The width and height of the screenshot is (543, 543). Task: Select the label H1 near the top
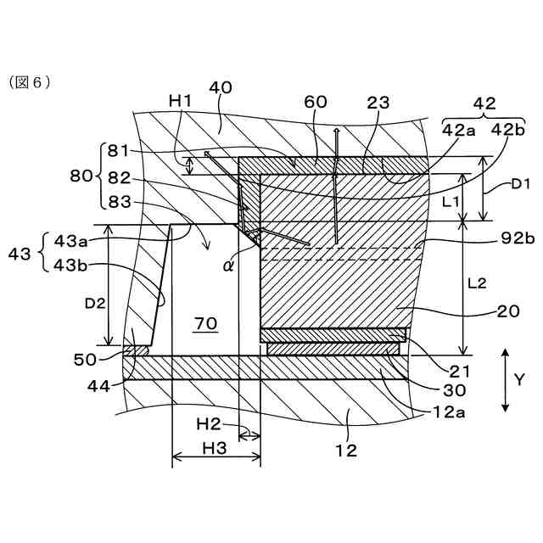181,101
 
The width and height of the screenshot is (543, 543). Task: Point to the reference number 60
316,102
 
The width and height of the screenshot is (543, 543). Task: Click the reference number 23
379,102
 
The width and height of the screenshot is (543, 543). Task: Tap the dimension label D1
520,182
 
